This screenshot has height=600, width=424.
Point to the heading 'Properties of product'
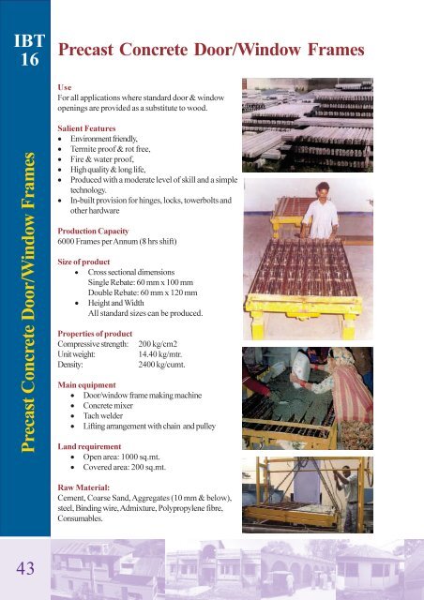103,333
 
